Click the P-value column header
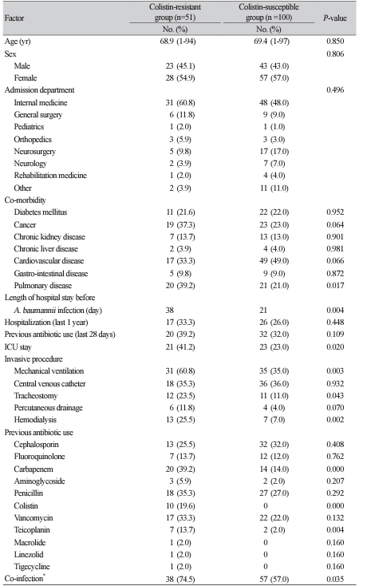coord(335,18)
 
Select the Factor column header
coord(14,18)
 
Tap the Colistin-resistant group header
coord(175,12)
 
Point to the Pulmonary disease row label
coord(42,286)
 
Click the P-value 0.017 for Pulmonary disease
coord(335,286)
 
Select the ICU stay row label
coord(18,346)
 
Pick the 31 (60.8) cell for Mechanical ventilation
coord(180,371)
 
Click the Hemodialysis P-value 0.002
coord(335,420)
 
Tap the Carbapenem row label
coord(34,469)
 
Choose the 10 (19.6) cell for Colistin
coord(180,505)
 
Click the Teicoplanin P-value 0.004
coord(335,530)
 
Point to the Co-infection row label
coord(25,578)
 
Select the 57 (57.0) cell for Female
coord(274,77)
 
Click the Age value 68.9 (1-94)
coord(178,41)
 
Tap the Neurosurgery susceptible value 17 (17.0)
coord(274,152)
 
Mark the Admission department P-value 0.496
coord(335,89)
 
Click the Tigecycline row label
coord(32,567)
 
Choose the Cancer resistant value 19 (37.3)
coord(180,224)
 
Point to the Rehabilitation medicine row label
coord(50,176)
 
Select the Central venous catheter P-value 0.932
coord(335,383)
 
